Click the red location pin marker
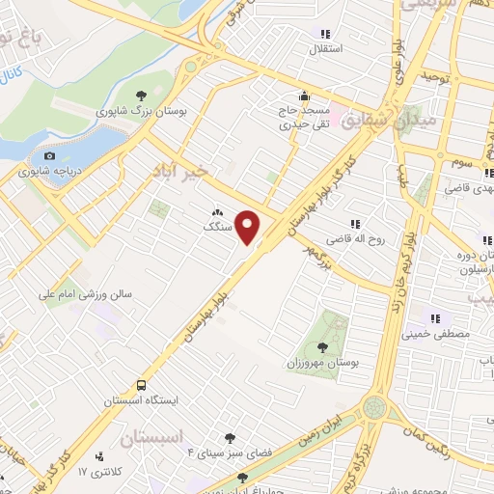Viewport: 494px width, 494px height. click(x=249, y=228)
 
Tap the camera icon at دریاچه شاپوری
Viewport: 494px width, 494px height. click(x=49, y=156)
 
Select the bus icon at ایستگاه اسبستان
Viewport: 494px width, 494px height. click(x=143, y=384)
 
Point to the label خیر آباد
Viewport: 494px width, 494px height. click(x=178, y=172)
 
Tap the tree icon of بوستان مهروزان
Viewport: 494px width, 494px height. click(x=322, y=346)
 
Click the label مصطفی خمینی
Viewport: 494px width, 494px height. click(x=435, y=335)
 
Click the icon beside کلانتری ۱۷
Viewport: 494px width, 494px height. click(x=99, y=456)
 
